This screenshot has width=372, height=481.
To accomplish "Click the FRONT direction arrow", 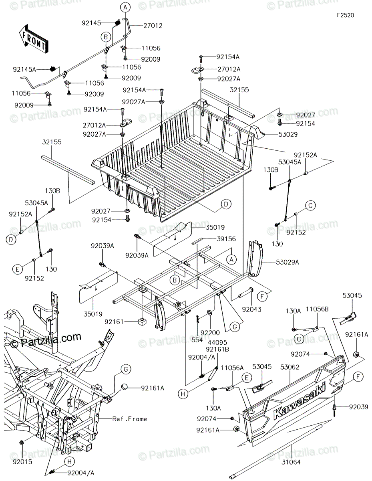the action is tap(33, 39).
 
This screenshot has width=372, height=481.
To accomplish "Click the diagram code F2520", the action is tap(346, 15).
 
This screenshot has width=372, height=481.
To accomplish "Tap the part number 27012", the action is tap(153, 26).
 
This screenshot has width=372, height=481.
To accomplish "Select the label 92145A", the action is tap(24, 69).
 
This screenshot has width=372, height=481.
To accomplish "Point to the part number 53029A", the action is tap(288, 262).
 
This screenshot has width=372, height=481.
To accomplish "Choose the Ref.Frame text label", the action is tap(129, 419).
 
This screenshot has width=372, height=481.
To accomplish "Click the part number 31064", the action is tap(291, 462).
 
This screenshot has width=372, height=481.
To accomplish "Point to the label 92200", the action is tap(210, 333).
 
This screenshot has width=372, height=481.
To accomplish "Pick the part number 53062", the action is tap(290, 367).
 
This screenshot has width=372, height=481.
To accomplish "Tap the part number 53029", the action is tap(288, 134).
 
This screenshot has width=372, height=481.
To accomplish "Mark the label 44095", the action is tap(217, 343).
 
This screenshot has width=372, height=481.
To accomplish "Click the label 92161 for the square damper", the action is tap(114, 322).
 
